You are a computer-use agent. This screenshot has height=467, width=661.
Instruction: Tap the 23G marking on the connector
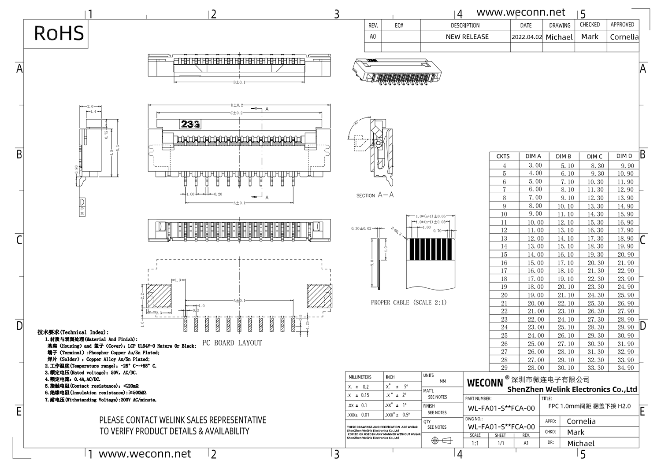pyautogui.click(x=190, y=124)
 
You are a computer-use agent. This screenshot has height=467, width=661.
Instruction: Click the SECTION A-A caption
pyautogui.click(x=375, y=195)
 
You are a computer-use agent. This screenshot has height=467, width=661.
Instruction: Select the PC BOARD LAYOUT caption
pyautogui.click(x=232, y=343)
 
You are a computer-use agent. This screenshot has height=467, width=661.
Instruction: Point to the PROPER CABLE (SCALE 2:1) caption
pyautogui.click(x=408, y=302)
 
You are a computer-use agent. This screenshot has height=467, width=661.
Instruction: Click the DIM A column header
pyautogui.click(x=533, y=156)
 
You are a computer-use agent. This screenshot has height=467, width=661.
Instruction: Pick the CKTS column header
pyautogui.click(x=503, y=156)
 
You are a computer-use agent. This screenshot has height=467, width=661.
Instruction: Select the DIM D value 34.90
pyautogui.click(x=625, y=368)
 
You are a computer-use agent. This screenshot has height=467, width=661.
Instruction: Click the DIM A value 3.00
pyautogui.click(x=535, y=165)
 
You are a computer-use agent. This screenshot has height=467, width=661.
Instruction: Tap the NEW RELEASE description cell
pyautogui.click(x=467, y=37)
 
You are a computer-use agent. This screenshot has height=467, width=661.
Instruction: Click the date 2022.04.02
pyautogui.click(x=527, y=37)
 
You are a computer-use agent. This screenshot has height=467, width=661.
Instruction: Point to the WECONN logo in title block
pyautogui.click(x=484, y=382)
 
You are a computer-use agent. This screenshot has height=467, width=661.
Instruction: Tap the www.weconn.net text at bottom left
pyautogui.click(x=145, y=454)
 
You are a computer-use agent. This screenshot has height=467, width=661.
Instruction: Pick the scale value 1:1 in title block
pyautogui.click(x=475, y=443)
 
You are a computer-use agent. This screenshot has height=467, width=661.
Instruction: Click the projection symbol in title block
pyautogui.click(x=442, y=441)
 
